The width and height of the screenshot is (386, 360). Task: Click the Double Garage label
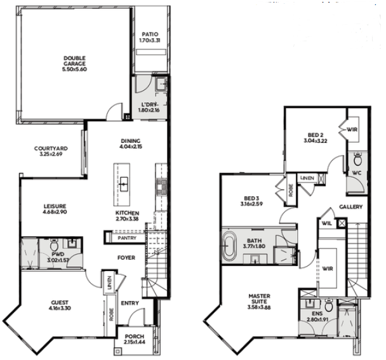[74, 61]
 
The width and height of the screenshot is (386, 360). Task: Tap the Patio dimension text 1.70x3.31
[149, 41]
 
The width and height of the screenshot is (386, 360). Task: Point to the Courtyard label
[51, 149]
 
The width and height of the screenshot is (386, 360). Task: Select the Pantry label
[126, 238]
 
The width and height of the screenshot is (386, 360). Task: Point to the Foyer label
[126, 257]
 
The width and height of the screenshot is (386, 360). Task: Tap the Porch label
[134, 337]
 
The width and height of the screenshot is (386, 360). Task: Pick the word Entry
[130, 303]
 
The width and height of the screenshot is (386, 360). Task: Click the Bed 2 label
[316, 135]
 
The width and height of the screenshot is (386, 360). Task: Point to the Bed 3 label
[251, 197]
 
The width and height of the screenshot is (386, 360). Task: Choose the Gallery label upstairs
[350, 207]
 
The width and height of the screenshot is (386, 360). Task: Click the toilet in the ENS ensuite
[328, 307]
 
